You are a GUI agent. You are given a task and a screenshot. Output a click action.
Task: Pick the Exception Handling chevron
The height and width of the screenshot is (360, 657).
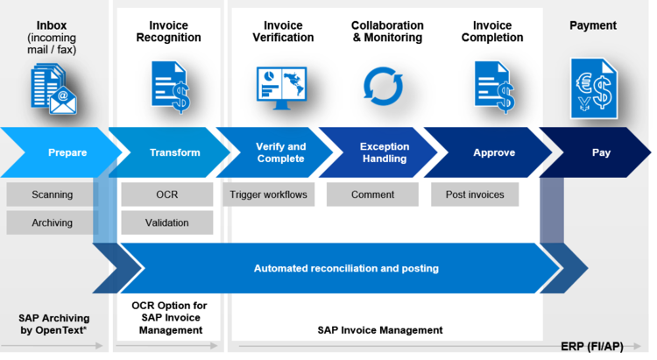(384, 152)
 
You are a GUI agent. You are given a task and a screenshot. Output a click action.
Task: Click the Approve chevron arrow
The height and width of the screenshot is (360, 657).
(492, 152)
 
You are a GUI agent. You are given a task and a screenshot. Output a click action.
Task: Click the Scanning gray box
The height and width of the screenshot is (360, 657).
(52, 194)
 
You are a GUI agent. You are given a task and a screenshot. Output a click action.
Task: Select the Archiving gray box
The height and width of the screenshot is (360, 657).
(52, 222)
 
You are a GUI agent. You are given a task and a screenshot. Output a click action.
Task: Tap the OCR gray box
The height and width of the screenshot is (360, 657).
(167, 194)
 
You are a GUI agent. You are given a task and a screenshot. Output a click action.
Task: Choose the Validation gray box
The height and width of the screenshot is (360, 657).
(167, 222)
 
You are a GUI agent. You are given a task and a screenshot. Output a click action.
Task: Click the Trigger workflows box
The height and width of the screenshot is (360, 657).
(269, 194)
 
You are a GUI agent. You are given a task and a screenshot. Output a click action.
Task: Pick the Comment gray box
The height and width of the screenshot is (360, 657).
(372, 194)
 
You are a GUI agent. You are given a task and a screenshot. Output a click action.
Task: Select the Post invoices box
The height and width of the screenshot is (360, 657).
(475, 194)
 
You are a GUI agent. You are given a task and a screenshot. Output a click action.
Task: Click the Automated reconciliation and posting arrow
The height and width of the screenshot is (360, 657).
(346, 268)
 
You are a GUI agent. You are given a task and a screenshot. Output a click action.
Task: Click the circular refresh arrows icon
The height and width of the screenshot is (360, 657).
(383, 87)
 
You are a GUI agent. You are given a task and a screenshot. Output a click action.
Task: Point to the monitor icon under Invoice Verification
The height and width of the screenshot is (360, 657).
(281, 88)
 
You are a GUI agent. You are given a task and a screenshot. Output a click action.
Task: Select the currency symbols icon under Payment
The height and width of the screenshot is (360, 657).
(594, 88)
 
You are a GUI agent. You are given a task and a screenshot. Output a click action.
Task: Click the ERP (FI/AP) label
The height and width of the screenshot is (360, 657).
(592, 347)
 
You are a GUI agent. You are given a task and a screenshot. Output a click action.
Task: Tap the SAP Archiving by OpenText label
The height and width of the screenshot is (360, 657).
(53, 324)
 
